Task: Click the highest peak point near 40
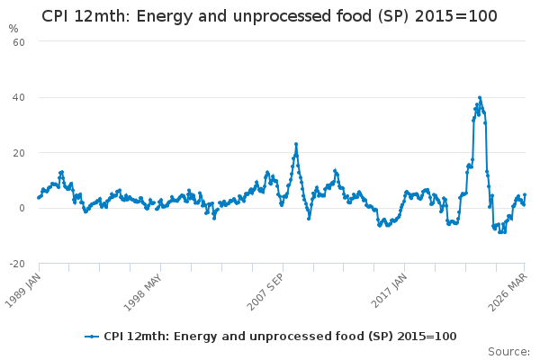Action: pos(480,97)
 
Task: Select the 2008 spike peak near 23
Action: pos(296,144)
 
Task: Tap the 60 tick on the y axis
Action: pos(19,42)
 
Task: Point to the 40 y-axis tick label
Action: pos(19,97)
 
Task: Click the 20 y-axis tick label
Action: pos(19,153)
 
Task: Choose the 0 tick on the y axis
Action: pos(22,208)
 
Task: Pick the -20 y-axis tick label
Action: pos(17,264)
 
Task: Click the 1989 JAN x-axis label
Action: pos(22,290)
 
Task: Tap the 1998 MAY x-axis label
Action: pos(142,292)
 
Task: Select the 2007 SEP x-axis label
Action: pos(265,292)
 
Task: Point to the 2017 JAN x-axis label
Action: pos(389,290)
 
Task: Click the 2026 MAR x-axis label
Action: pos(508,292)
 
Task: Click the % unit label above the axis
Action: pos(13,29)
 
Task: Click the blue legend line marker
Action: pos(92,337)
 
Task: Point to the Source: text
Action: pos(508,352)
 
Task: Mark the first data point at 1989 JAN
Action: pos(39,198)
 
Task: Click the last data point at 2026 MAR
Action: pos(525,194)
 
